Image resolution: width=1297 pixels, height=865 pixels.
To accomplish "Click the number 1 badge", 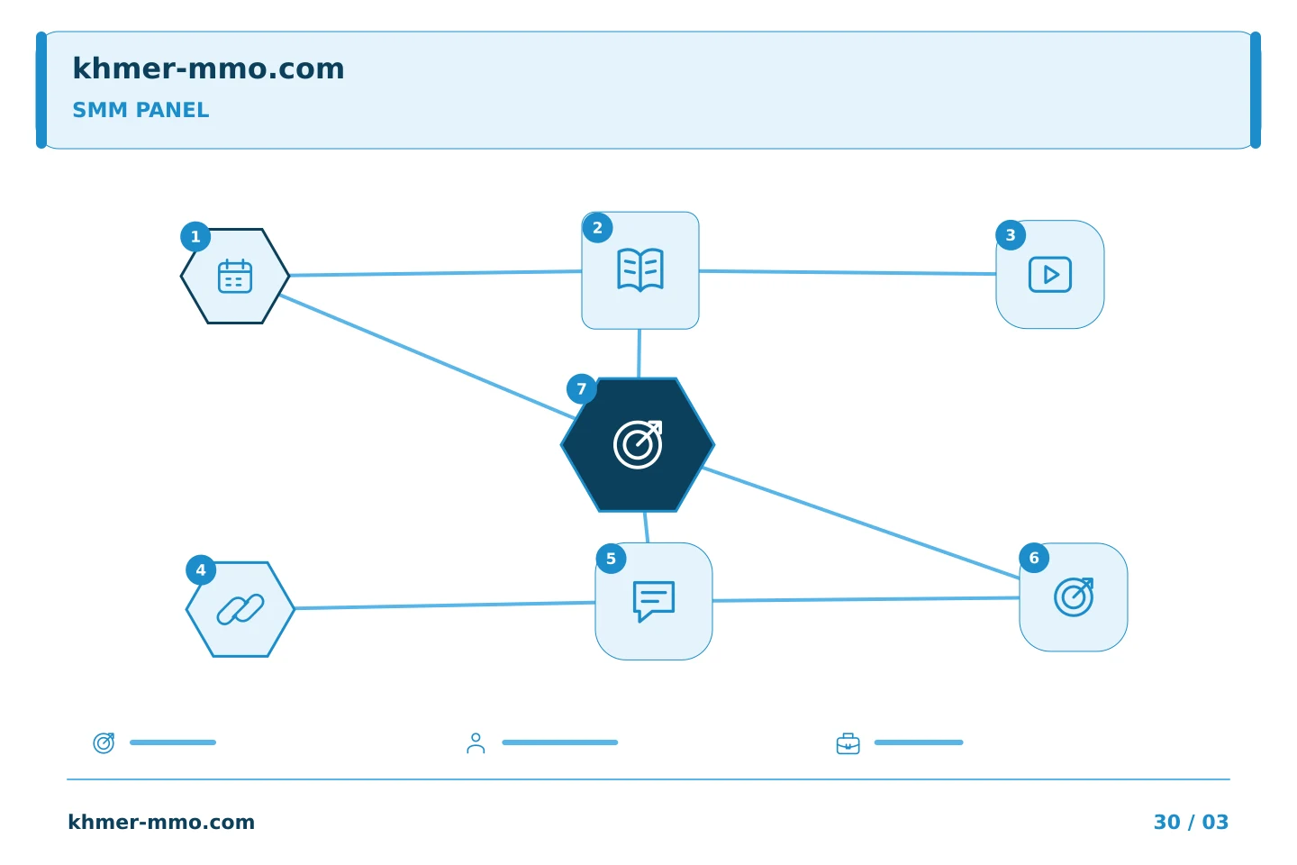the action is coord(195,236).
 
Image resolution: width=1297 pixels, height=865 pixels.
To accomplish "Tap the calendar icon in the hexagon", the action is coord(234,277).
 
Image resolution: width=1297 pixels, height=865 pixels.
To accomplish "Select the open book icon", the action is coord(639,270).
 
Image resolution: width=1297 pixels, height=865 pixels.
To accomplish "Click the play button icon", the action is coord(1050,275).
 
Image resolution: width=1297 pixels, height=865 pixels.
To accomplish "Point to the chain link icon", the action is coord(240,609).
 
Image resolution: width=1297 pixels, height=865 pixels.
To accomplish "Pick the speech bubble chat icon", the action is coord(654,601).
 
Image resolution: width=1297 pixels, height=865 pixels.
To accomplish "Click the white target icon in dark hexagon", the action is coord(638,444).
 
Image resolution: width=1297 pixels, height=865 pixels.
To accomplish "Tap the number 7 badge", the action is coord(581,388).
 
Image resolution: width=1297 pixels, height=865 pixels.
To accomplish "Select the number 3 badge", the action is coord(1011,235).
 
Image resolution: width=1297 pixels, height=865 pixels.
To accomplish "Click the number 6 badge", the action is coord(1034,558).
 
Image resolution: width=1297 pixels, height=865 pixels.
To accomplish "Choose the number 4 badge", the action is coord(200,570).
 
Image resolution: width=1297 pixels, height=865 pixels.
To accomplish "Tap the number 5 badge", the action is coord(611,559).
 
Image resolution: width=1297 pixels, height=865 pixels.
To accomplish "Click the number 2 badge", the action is coord(597,228).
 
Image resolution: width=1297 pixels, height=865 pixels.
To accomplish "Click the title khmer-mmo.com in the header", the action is coord(208,68).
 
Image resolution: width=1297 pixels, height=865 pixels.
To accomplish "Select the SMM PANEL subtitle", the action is coord(141,110).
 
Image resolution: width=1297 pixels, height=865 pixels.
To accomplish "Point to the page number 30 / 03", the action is coord(1191,822).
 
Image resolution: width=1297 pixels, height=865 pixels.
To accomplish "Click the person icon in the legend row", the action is coord(476,742).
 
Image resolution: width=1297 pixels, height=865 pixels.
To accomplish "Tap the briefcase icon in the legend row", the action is coord(848,743).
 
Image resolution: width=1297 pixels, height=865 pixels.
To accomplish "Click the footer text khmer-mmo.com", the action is coord(161,822).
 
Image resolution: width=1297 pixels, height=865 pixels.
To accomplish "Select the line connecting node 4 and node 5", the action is coord(445,605).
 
